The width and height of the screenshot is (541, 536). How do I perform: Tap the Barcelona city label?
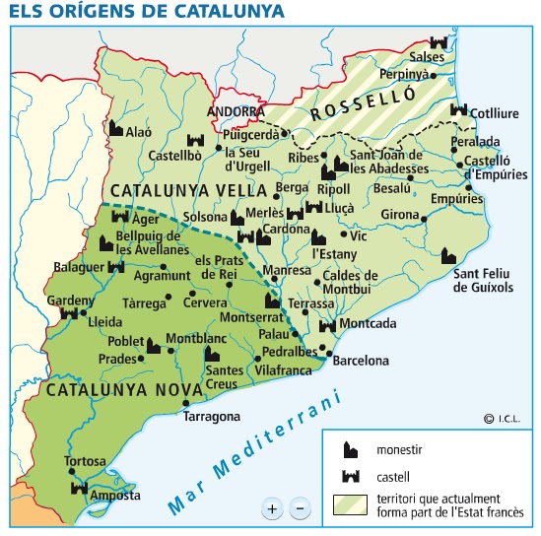coord(363,361)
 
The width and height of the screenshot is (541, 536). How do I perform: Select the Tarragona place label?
coord(212,416)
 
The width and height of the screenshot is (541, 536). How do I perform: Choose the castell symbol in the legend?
coord(348,477)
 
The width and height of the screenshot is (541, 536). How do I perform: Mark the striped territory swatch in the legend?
coord(348,503)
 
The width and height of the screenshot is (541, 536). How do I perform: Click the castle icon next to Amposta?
coord(79,489)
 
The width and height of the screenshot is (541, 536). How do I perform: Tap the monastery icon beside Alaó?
coord(115,128)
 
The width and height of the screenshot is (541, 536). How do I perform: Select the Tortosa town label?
coord(84,461)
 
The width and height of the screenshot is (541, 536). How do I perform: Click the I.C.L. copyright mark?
coord(503,419)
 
